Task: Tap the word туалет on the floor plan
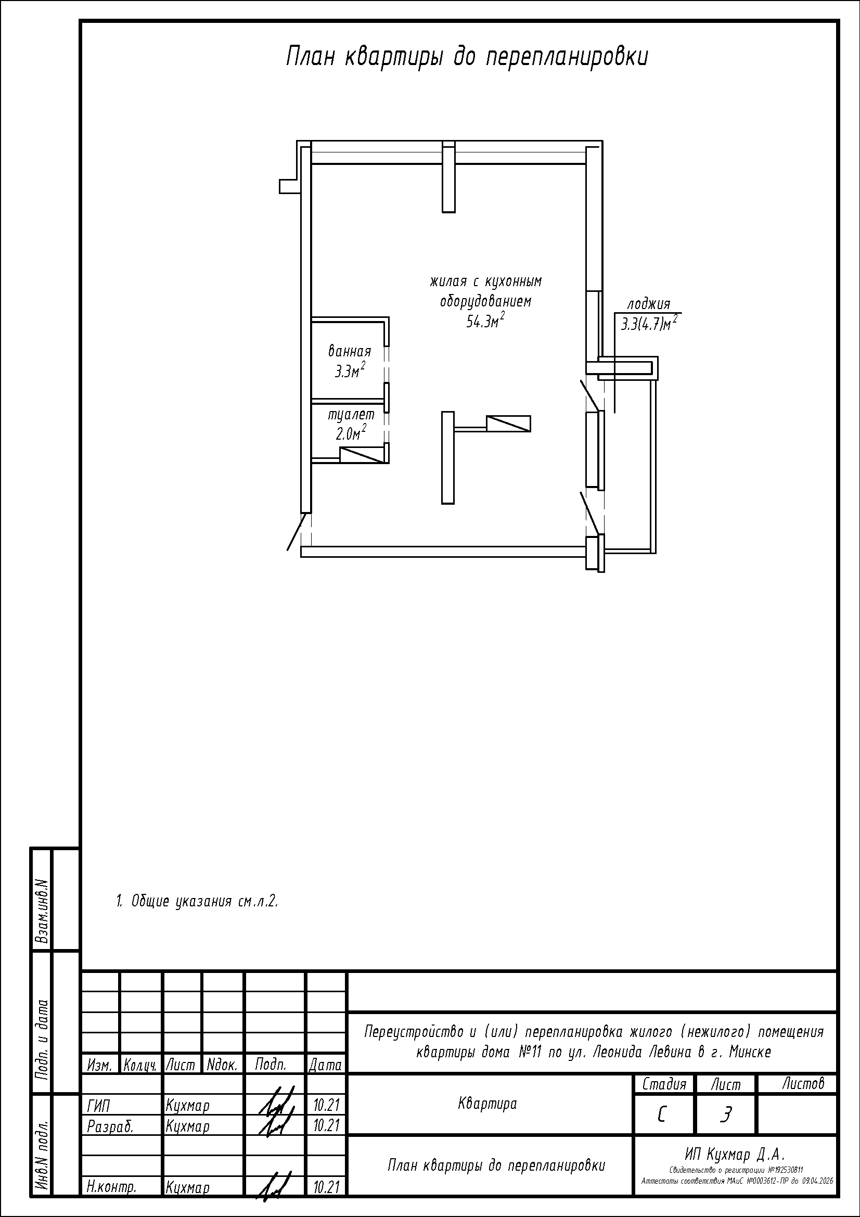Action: coord(351,414)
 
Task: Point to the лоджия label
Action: coord(649,305)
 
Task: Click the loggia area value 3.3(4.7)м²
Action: coord(649,323)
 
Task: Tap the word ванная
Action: coord(350,351)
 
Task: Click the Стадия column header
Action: coord(664,1084)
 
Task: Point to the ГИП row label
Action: coord(98,1106)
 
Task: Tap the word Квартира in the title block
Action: coord(487,1104)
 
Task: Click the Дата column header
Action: coord(325,1065)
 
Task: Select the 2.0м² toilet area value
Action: coord(351,433)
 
